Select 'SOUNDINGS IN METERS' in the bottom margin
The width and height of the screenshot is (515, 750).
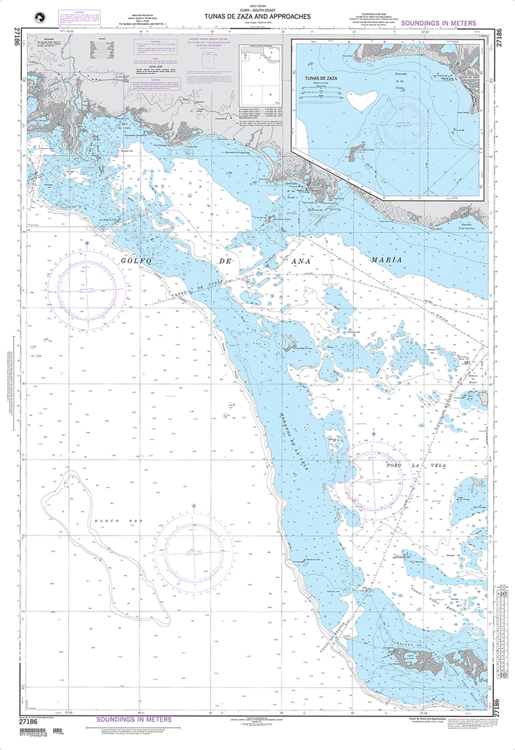click(x=134, y=719)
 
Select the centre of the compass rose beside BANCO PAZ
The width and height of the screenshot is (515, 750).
click(x=193, y=551)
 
